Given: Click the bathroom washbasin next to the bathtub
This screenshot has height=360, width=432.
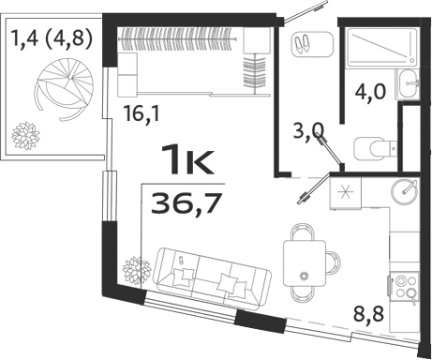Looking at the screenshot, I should pyautogui.click(x=410, y=85).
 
